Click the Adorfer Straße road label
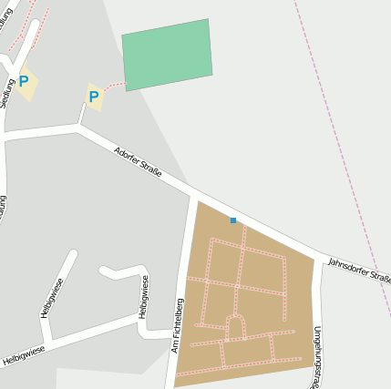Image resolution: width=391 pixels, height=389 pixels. click(138, 161)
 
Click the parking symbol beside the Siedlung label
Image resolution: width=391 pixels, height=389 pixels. click(24, 82)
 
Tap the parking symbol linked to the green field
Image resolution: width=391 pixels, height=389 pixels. click(94, 96)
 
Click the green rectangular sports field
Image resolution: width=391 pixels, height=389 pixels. click(167, 55)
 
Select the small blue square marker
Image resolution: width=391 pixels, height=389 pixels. click(233, 220)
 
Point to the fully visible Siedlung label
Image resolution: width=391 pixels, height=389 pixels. click(7, 94)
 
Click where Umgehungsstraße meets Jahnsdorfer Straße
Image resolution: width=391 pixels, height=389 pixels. click(319, 257)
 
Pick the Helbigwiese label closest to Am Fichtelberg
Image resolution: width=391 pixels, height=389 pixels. click(142, 298)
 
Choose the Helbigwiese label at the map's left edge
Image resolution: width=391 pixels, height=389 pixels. click(24, 354)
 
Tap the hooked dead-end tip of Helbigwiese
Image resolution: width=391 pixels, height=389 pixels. click(103, 270)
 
